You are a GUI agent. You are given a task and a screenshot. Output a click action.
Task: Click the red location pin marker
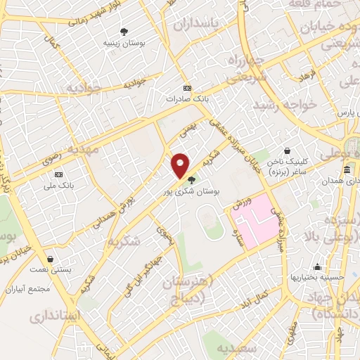click(x=181, y=165)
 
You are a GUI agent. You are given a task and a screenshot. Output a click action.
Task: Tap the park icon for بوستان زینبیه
click(x=124, y=31)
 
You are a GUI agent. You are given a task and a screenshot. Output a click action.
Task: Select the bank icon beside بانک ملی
click(x=58, y=174)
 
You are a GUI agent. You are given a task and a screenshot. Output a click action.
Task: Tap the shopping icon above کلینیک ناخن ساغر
click(x=287, y=150)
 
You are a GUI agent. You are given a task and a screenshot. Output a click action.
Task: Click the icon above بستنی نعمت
click(x=50, y=259)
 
